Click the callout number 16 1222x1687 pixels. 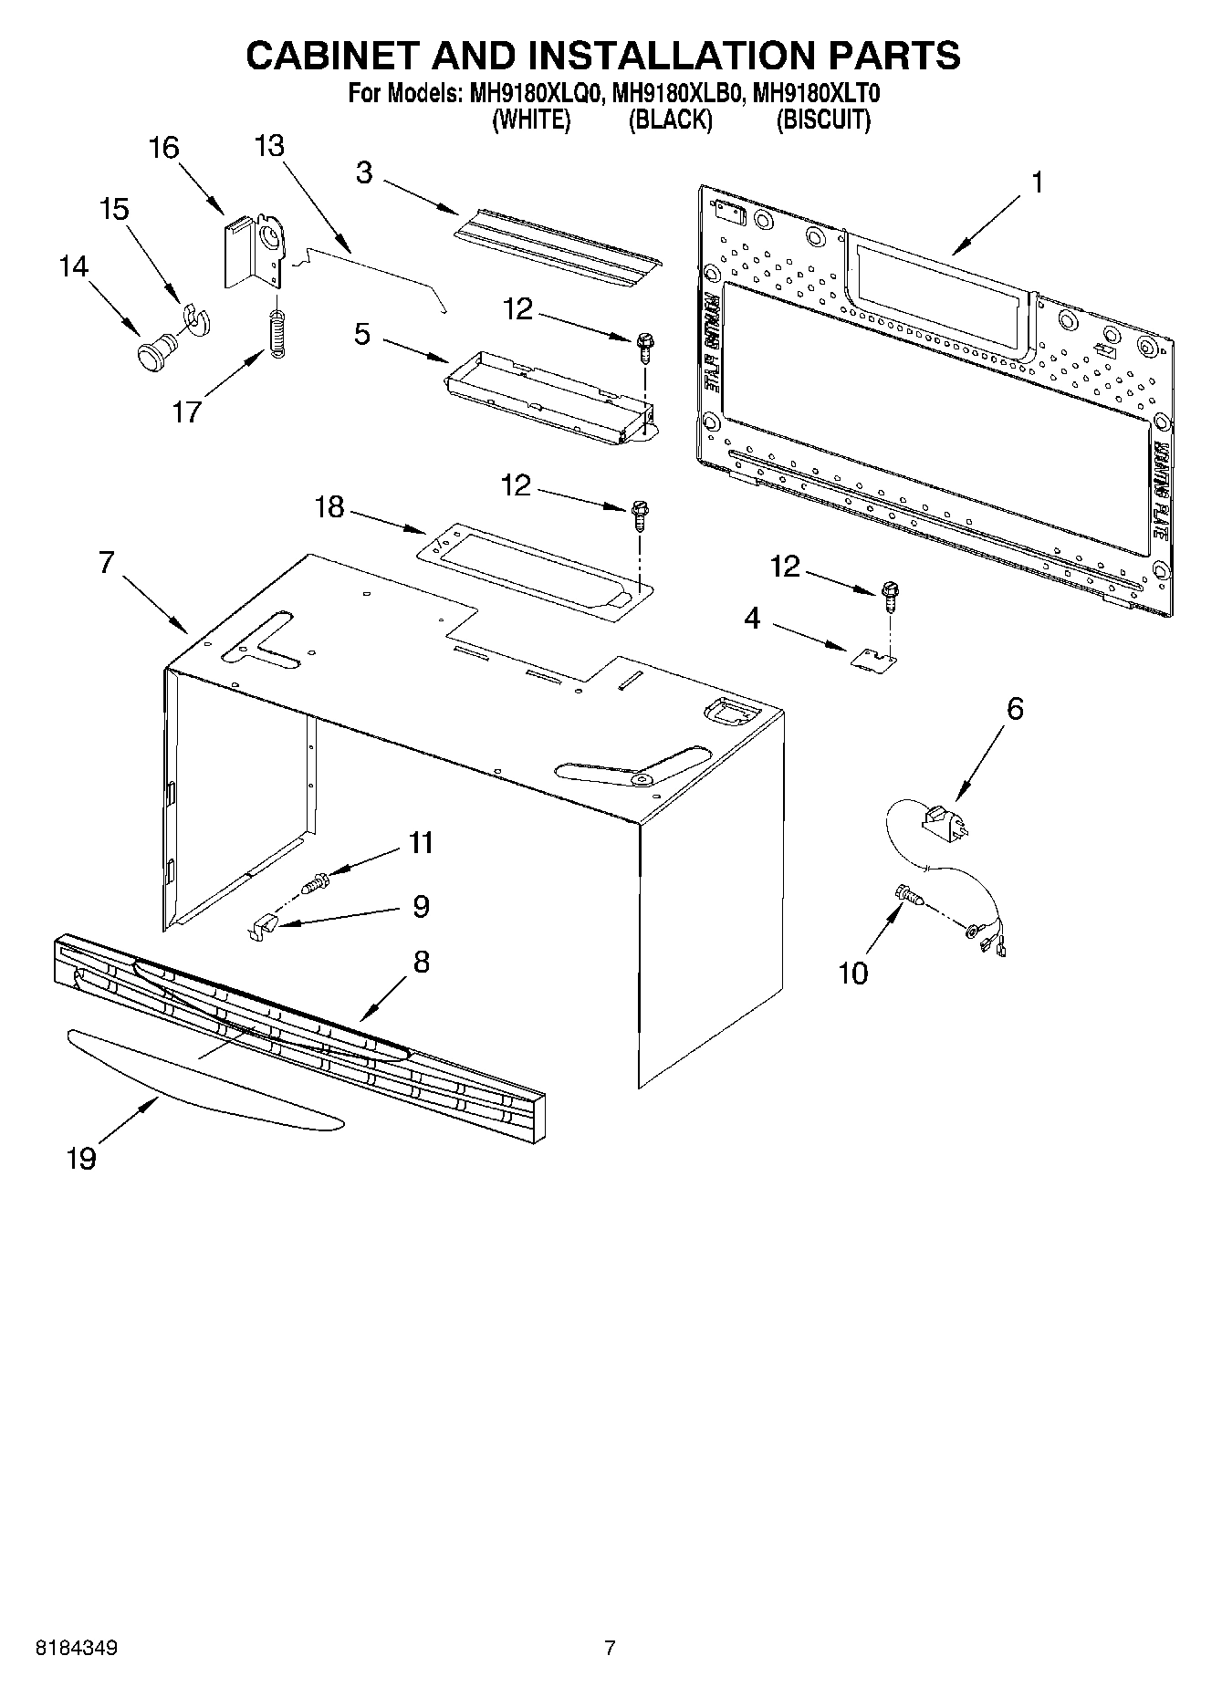(x=164, y=148)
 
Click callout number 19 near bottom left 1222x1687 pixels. (x=81, y=1159)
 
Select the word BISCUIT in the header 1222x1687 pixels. (x=822, y=120)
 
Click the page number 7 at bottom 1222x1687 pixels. (x=610, y=1648)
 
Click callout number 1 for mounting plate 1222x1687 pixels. (x=1037, y=182)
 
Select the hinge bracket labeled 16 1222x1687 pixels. (x=252, y=252)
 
